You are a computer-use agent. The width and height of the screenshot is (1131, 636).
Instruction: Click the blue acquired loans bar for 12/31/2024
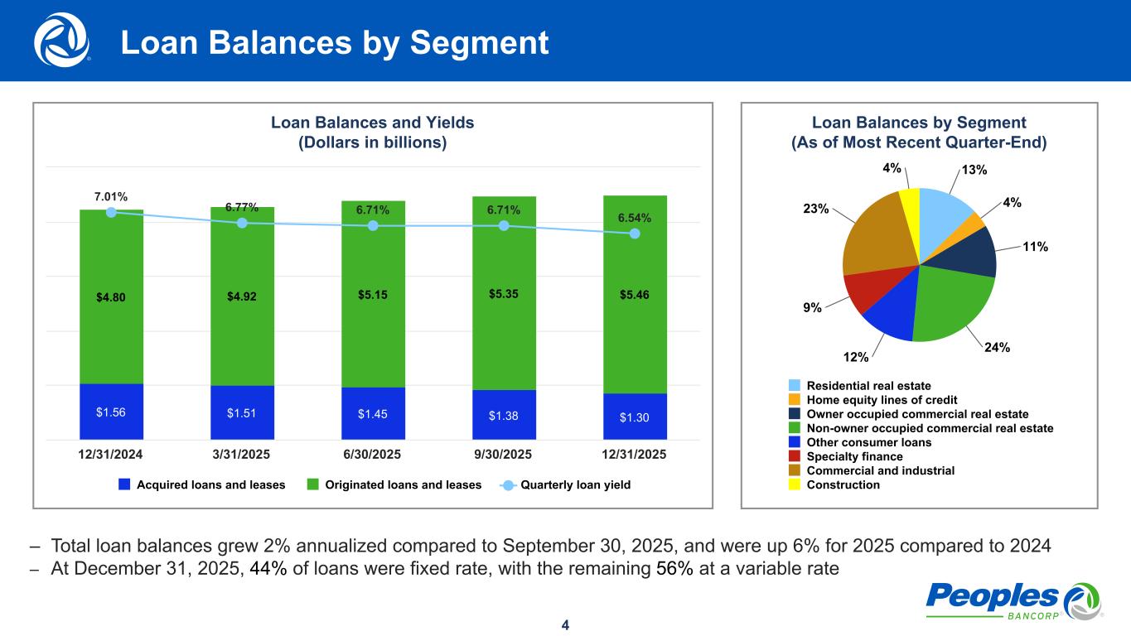click(111, 412)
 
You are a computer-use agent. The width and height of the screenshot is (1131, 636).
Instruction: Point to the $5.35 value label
click(504, 293)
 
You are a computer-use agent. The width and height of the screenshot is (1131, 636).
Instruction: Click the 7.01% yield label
click(111, 197)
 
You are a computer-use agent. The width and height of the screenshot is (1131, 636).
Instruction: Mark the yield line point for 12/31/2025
click(635, 234)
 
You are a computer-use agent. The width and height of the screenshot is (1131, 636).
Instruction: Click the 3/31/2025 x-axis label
click(242, 455)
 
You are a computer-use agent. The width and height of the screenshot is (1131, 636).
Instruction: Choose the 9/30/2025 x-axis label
click(504, 455)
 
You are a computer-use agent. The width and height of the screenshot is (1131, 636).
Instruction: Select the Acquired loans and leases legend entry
click(202, 484)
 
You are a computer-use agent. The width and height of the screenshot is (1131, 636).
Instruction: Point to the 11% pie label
click(1035, 246)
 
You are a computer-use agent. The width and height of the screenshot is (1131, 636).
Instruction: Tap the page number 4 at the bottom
click(565, 624)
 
